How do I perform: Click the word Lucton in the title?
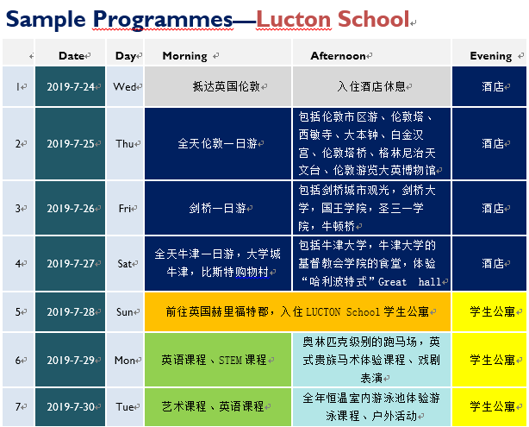pos(294,19)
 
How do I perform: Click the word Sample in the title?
pos(46,20)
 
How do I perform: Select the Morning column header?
pos(185,56)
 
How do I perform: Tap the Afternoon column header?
pos(338,56)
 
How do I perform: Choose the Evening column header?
pos(491,56)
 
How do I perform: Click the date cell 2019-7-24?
pos(70,86)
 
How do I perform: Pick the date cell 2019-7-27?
pos(70,263)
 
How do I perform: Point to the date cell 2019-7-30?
pos(70,407)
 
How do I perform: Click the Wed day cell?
pos(125,86)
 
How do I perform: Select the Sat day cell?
pos(125,263)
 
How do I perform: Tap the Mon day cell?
pos(125,360)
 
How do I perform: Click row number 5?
pos(18,311)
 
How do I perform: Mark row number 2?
pos(18,144)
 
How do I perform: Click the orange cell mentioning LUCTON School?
pos(297,311)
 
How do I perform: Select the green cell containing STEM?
pos(218,360)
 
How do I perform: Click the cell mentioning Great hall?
pos(371,263)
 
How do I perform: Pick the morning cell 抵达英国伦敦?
pos(218,86)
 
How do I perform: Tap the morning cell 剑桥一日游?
pos(218,208)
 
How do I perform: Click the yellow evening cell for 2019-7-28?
pos(489,311)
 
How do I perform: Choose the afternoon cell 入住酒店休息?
pos(371,86)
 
